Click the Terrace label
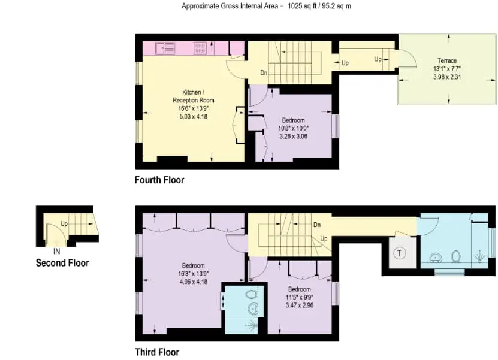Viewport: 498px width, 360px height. [447, 60]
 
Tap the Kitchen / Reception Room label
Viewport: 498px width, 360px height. [194, 96]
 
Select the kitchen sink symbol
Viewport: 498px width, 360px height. [165, 49]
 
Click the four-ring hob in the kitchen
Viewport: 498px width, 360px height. [200, 48]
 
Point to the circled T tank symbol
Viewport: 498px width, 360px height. [400, 253]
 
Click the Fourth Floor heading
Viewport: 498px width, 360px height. [159, 180]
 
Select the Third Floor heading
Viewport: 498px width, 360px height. [157, 352]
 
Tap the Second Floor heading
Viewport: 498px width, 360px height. [62, 263]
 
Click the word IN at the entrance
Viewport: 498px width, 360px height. [56, 252]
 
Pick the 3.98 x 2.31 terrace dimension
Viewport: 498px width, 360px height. [447, 77]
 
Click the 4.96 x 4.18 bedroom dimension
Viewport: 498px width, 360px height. [193, 282]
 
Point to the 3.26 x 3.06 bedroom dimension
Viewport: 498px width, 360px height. [294, 137]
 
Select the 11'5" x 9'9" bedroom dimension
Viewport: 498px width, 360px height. [300, 297]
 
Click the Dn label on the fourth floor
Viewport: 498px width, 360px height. [264, 73]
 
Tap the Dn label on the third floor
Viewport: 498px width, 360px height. [317, 225]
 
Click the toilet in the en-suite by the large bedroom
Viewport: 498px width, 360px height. [251, 294]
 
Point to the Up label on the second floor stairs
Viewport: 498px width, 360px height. [64, 224]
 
